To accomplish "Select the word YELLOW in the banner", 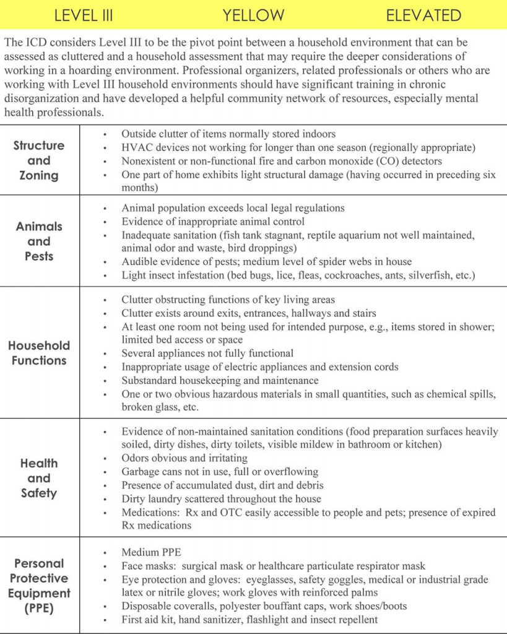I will coord(253,15).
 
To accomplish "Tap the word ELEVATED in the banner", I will coord(423,15).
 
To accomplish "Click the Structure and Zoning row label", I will coord(39,160).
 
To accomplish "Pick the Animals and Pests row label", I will coord(39,241).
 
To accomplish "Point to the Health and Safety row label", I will coord(39,478).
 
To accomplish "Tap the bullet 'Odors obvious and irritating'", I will coord(184,458).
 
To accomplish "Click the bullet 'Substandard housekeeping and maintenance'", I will coord(220,380).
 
